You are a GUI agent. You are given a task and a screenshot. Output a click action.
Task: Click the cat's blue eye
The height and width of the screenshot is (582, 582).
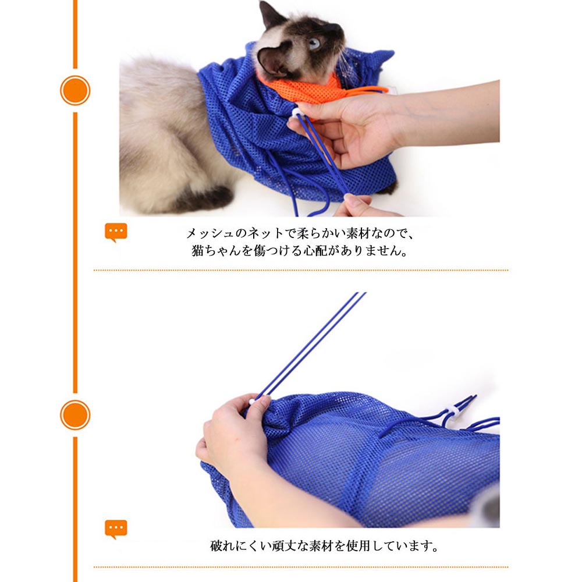point(314,44)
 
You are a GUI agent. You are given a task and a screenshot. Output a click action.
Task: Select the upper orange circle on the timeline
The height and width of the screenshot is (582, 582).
point(75,90)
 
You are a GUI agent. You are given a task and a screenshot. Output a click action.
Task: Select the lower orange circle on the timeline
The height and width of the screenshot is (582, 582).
point(75,414)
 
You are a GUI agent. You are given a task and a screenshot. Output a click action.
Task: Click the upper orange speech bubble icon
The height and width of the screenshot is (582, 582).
point(116,232)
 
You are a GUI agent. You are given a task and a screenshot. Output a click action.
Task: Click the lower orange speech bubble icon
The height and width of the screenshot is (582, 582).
point(116,529)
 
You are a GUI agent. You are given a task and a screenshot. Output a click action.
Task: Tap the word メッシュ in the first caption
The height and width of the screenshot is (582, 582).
point(210,233)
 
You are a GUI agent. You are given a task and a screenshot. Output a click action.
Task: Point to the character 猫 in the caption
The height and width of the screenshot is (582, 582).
point(198,250)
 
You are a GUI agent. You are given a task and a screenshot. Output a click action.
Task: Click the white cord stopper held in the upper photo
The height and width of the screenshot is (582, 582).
point(297,112)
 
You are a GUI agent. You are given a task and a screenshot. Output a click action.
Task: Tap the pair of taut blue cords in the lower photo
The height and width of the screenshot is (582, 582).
point(310,345)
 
